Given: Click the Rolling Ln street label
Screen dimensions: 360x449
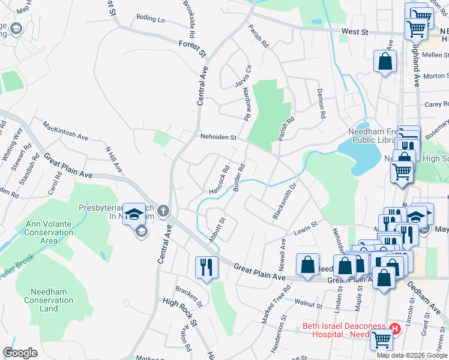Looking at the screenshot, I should [150, 19].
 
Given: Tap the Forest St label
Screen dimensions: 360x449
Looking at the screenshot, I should [192, 48].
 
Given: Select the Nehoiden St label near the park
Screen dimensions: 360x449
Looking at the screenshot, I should [219, 137].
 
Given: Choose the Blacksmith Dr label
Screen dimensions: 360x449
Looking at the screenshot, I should [286, 202].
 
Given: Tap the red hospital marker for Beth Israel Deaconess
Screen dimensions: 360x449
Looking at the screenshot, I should [395, 328].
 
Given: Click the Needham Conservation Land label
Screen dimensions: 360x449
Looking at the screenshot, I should [49, 299].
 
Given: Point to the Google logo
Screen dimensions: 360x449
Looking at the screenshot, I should [20, 353].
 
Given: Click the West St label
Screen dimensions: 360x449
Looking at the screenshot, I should [354, 30].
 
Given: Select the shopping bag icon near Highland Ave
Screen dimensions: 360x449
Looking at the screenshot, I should [385, 61].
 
